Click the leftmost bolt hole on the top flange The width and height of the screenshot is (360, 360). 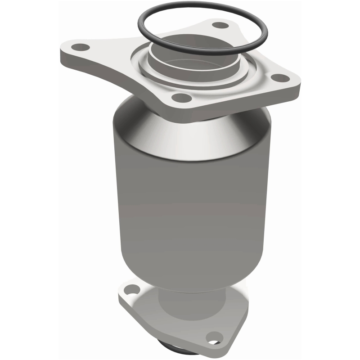(x=81, y=46)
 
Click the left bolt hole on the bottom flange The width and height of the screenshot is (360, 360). (x=131, y=289)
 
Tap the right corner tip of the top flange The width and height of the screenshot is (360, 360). (x=298, y=83)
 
